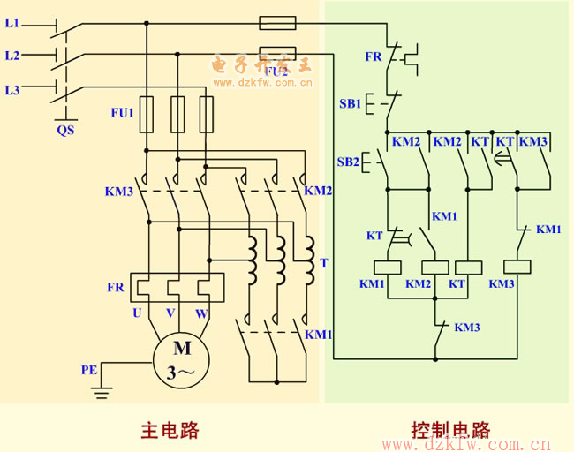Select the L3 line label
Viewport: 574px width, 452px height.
[11, 89]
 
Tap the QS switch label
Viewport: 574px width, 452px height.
[65, 130]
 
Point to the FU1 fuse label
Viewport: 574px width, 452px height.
[122, 113]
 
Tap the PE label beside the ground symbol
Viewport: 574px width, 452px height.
[89, 370]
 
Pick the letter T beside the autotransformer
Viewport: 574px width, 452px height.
[324, 263]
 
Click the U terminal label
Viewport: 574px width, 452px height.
[137, 313]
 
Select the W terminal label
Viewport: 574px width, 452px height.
[202, 313]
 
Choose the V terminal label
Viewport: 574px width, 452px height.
[170, 313]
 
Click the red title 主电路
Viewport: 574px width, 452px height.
[170, 430]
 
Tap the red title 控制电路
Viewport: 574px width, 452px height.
[449, 430]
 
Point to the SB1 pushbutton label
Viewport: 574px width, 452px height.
[350, 103]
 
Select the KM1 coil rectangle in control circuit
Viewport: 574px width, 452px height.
[389, 267]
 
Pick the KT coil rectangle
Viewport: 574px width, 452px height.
[467, 267]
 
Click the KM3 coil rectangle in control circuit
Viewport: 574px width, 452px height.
[517, 267]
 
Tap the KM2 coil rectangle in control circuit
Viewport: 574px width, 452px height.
[435, 267]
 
